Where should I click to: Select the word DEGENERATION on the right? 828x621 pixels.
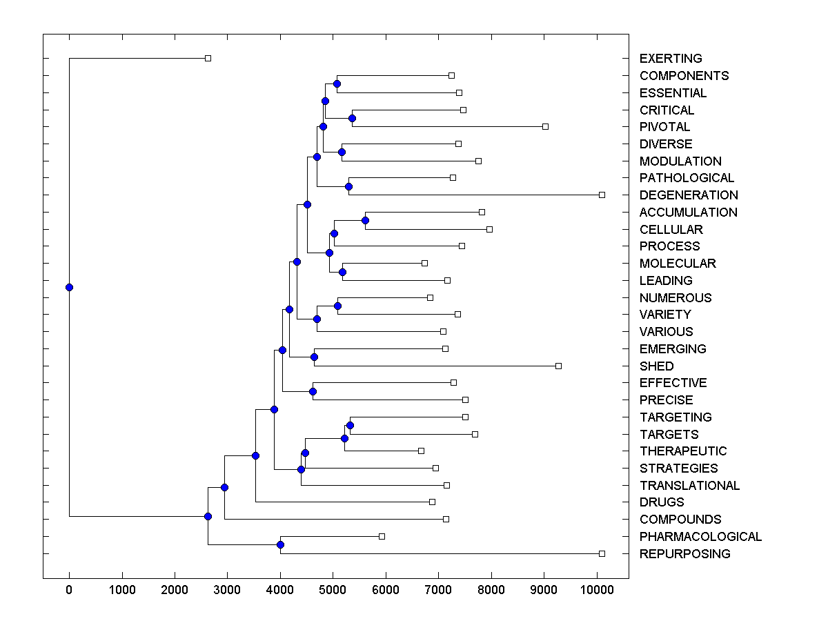tap(689, 195)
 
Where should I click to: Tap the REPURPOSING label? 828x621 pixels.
tap(684, 554)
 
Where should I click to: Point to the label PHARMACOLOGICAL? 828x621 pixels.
tap(700, 537)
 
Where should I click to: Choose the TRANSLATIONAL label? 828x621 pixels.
tap(689, 486)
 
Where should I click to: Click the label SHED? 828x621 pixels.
tap(656, 366)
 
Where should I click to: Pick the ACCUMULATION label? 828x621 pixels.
tap(688, 213)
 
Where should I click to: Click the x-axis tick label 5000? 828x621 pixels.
tap(333, 591)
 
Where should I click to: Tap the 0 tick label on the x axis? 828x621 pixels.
tap(69, 591)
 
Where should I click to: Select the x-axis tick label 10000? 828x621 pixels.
tap(597, 591)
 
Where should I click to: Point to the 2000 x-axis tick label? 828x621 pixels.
tap(175, 591)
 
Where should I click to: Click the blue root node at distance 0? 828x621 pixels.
tap(69, 287)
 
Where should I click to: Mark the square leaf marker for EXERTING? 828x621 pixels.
tap(208, 59)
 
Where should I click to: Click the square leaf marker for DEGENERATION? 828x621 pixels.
tap(602, 195)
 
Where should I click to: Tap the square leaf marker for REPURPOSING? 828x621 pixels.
tap(602, 554)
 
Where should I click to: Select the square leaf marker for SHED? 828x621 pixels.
tap(558, 366)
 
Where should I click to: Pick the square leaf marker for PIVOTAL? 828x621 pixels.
tap(545, 127)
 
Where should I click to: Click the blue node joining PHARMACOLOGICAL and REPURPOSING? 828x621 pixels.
tap(280, 545)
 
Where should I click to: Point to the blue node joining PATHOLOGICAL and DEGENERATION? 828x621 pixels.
tap(348, 186)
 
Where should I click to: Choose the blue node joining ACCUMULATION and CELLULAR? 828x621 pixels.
tap(365, 221)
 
